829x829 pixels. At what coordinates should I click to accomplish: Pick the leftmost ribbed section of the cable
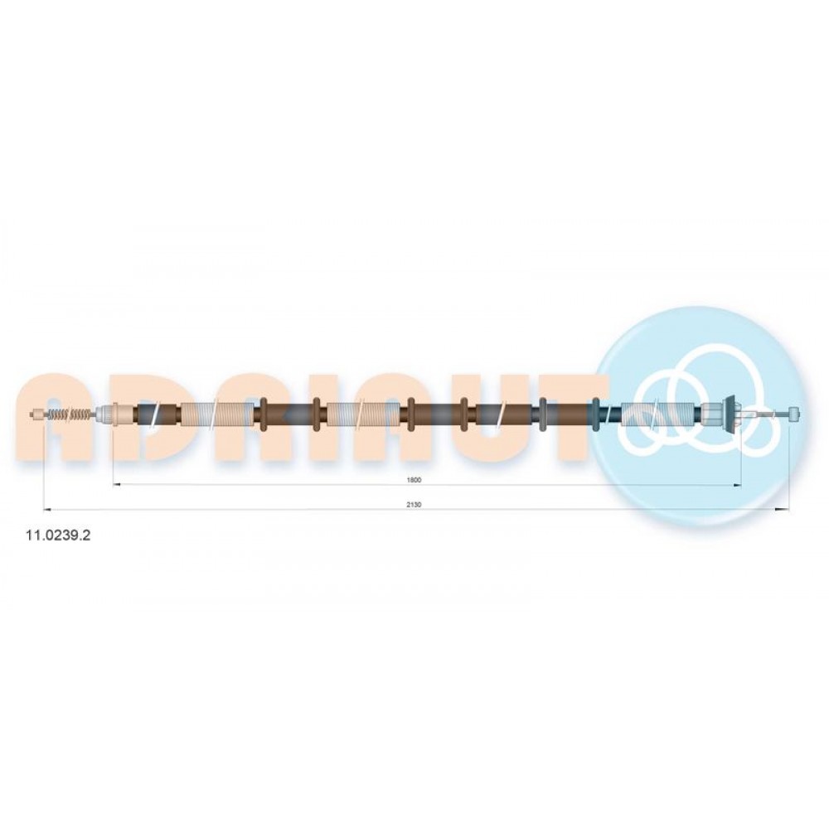click(x=217, y=414)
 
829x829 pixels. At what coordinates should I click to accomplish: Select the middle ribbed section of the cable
click(x=363, y=414)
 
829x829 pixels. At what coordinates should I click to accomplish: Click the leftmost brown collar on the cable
click(x=264, y=414)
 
